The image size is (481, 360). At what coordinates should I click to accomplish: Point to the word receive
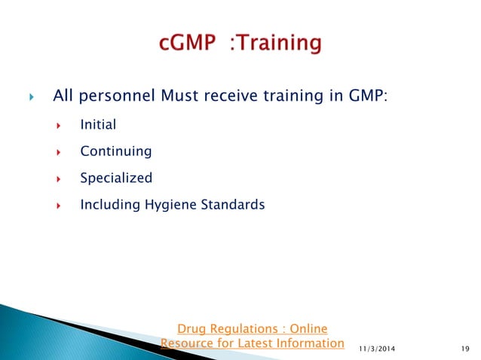point(231,96)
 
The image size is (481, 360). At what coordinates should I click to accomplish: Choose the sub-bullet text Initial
point(98,125)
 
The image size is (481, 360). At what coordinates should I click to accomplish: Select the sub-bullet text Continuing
point(115,151)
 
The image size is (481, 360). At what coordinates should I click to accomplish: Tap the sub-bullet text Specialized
point(116,178)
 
